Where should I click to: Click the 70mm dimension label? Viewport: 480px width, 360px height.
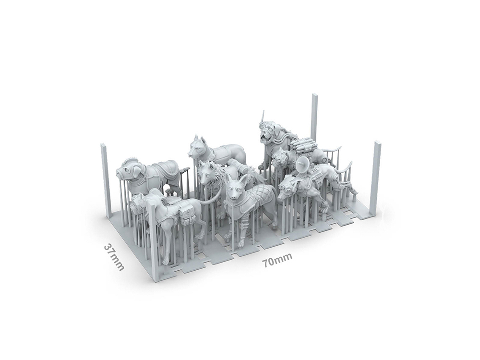[277, 260]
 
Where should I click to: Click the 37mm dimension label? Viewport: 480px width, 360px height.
[114, 257]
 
